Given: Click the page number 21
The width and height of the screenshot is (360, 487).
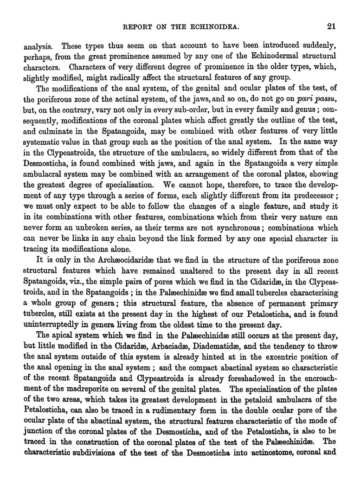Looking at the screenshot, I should pos(331,26).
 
